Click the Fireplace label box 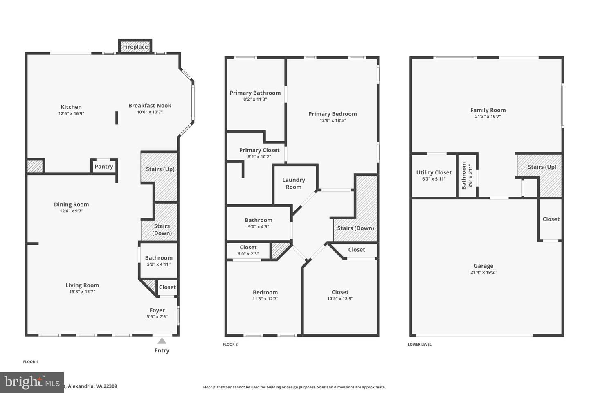(x=135, y=47)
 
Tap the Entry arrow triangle (x=162, y=341)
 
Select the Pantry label (x=104, y=167)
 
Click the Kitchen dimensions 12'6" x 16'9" (x=71, y=114)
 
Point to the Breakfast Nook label (x=150, y=106)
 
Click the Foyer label (x=157, y=310)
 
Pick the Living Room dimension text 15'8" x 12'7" (x=82, y=292)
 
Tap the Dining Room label (x=71, y=205)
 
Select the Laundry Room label (x=294, y=183)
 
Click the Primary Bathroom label (x=255, y=93)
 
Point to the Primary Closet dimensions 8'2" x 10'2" (x=259, y=157)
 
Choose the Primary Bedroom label (x=333, y=114)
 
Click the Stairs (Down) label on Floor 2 (x=355, y=228)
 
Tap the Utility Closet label (x=434, y=172)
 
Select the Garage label (x=483, y=266)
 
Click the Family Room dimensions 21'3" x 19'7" (x=488, y=117)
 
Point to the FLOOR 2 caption (x=230, y=344)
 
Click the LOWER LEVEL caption (x=419, y=344)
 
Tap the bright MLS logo (x=31, y=382)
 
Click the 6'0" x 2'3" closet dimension (x=248, y=254)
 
